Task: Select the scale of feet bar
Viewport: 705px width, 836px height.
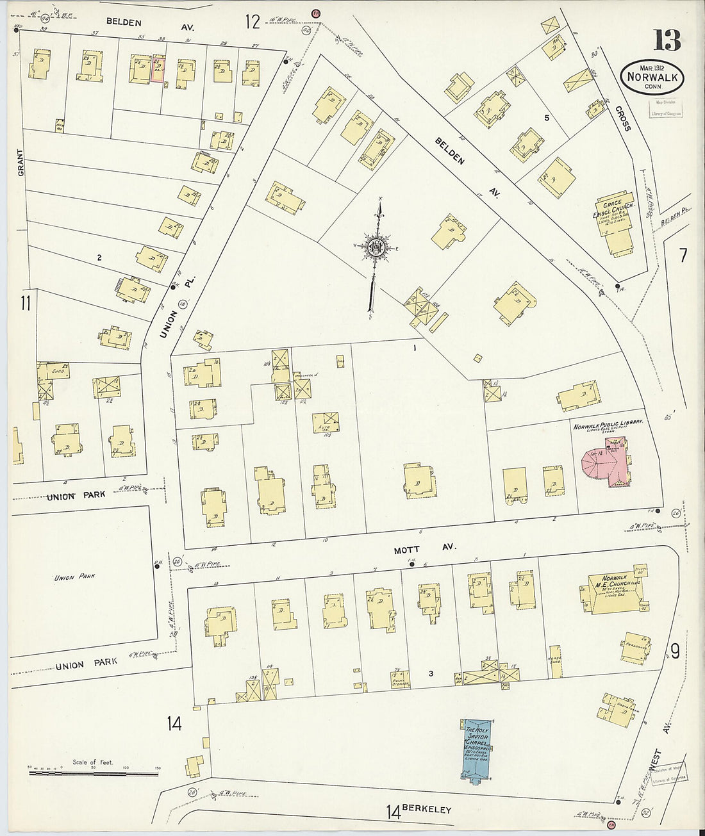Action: coord(94,773)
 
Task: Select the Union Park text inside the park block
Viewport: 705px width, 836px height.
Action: coord(74,577)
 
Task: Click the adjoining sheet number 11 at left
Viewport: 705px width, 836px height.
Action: coord(25,303)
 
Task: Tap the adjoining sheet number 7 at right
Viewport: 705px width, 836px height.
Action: coord(683,256)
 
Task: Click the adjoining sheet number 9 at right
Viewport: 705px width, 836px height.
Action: coord(675,650)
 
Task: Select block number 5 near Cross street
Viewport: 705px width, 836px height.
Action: coord(547,118)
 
